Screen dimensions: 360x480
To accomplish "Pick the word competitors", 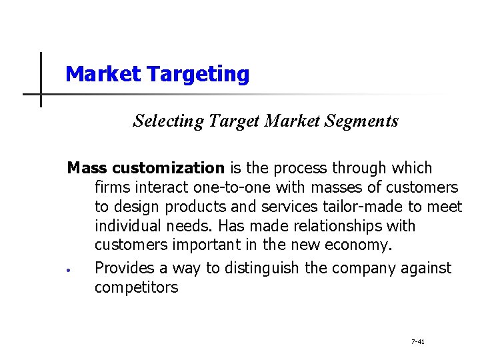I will pos(136,287).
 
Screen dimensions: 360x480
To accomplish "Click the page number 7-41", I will pos(418,341).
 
